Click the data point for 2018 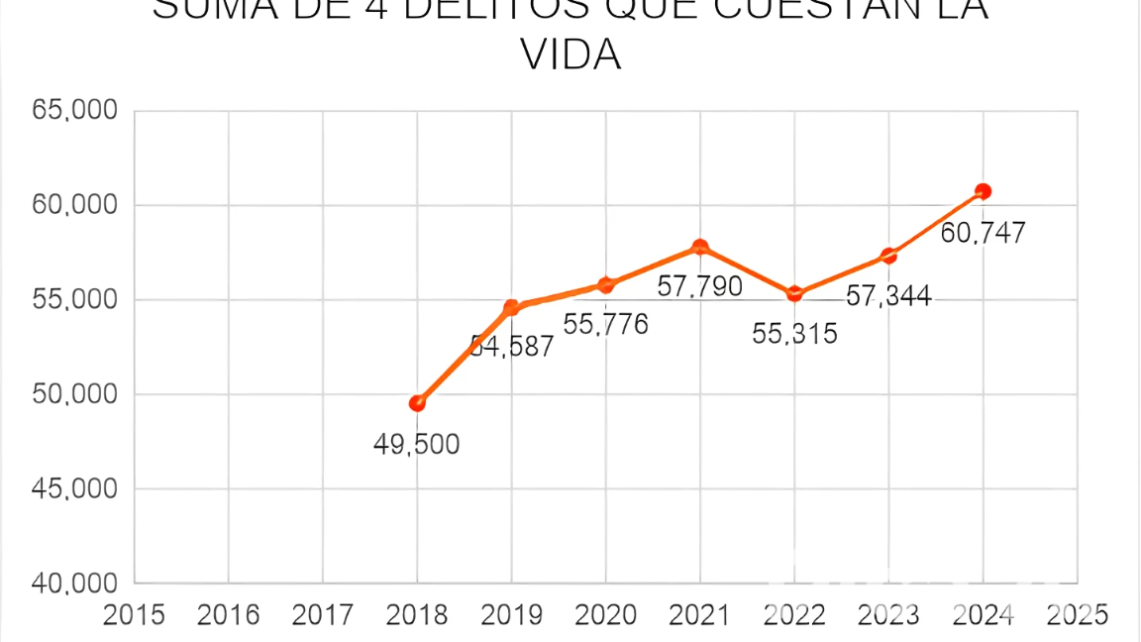[x=417, y=403]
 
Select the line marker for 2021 [x=700, y=247]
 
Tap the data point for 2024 [x=983, y=191]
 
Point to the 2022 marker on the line [x=794, y=293]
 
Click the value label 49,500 [x=416, y=445]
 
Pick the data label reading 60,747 [x=983, y=233]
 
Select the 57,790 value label [x=699, y=287]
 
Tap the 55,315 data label [x=794, y=334]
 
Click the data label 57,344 [x=888, y=295]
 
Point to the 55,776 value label [x=605, y=325]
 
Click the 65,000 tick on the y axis [x=75, y=111]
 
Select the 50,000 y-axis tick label [x=75, y=394]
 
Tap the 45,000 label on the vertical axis [x=75, y=489]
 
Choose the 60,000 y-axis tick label [x=75, y=205]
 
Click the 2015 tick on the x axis [x=135, y=615]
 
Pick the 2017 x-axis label [x=323, y=615]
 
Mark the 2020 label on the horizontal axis [x=605, y=615]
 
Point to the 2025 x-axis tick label [x=1077, y=615]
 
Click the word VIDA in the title [x=570, y=55]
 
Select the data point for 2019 [x=512, y=308]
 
